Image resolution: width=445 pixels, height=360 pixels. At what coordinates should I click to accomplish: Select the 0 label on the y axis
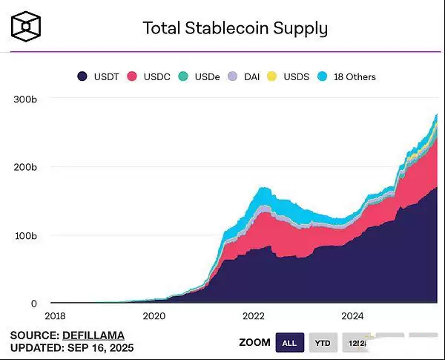tap(33, 304)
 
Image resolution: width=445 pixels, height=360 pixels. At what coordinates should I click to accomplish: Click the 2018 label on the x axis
tap(56, 315)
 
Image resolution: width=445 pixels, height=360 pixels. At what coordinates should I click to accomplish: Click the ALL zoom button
tap(289, 342)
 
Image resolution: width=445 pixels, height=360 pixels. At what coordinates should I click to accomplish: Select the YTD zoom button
tap(323, 342)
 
